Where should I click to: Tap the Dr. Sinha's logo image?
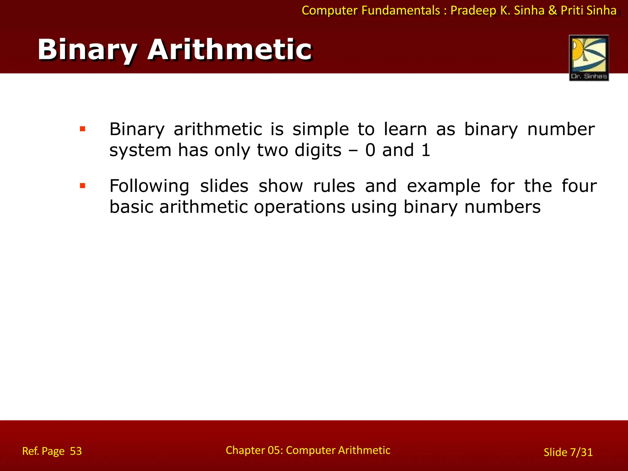589,58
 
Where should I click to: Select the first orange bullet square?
82,129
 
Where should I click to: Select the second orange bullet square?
82,186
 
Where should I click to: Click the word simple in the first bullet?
320,130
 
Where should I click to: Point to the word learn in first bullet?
405,129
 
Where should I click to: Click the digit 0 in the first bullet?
370,150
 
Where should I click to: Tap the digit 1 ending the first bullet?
426,150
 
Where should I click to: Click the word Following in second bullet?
149,186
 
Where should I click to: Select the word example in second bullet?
443,186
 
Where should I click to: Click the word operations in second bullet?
300,208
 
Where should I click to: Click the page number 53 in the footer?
76,451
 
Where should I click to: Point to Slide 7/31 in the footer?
568,452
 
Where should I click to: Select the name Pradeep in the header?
473,11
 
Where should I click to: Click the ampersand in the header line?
552,10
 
